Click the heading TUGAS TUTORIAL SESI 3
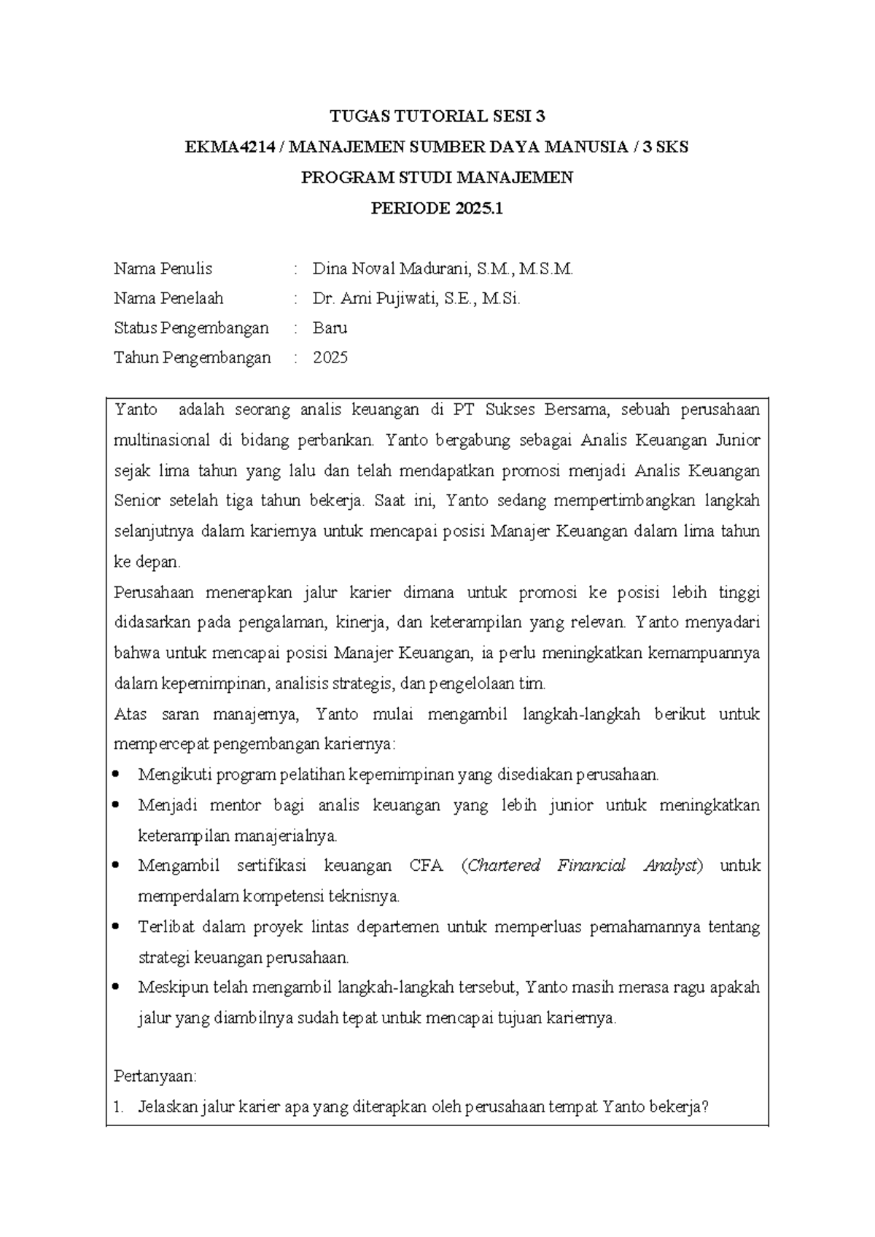437,116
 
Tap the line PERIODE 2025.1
437,209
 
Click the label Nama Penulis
163,269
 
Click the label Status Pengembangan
191,328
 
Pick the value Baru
330,328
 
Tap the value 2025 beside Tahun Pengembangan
330,358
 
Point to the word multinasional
161,441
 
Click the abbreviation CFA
426,866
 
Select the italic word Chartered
504,866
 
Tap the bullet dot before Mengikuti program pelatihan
119,775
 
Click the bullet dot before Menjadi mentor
119,805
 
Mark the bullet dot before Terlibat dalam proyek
119,927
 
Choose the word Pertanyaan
155,1077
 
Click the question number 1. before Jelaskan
120,1107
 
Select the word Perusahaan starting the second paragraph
154,592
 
